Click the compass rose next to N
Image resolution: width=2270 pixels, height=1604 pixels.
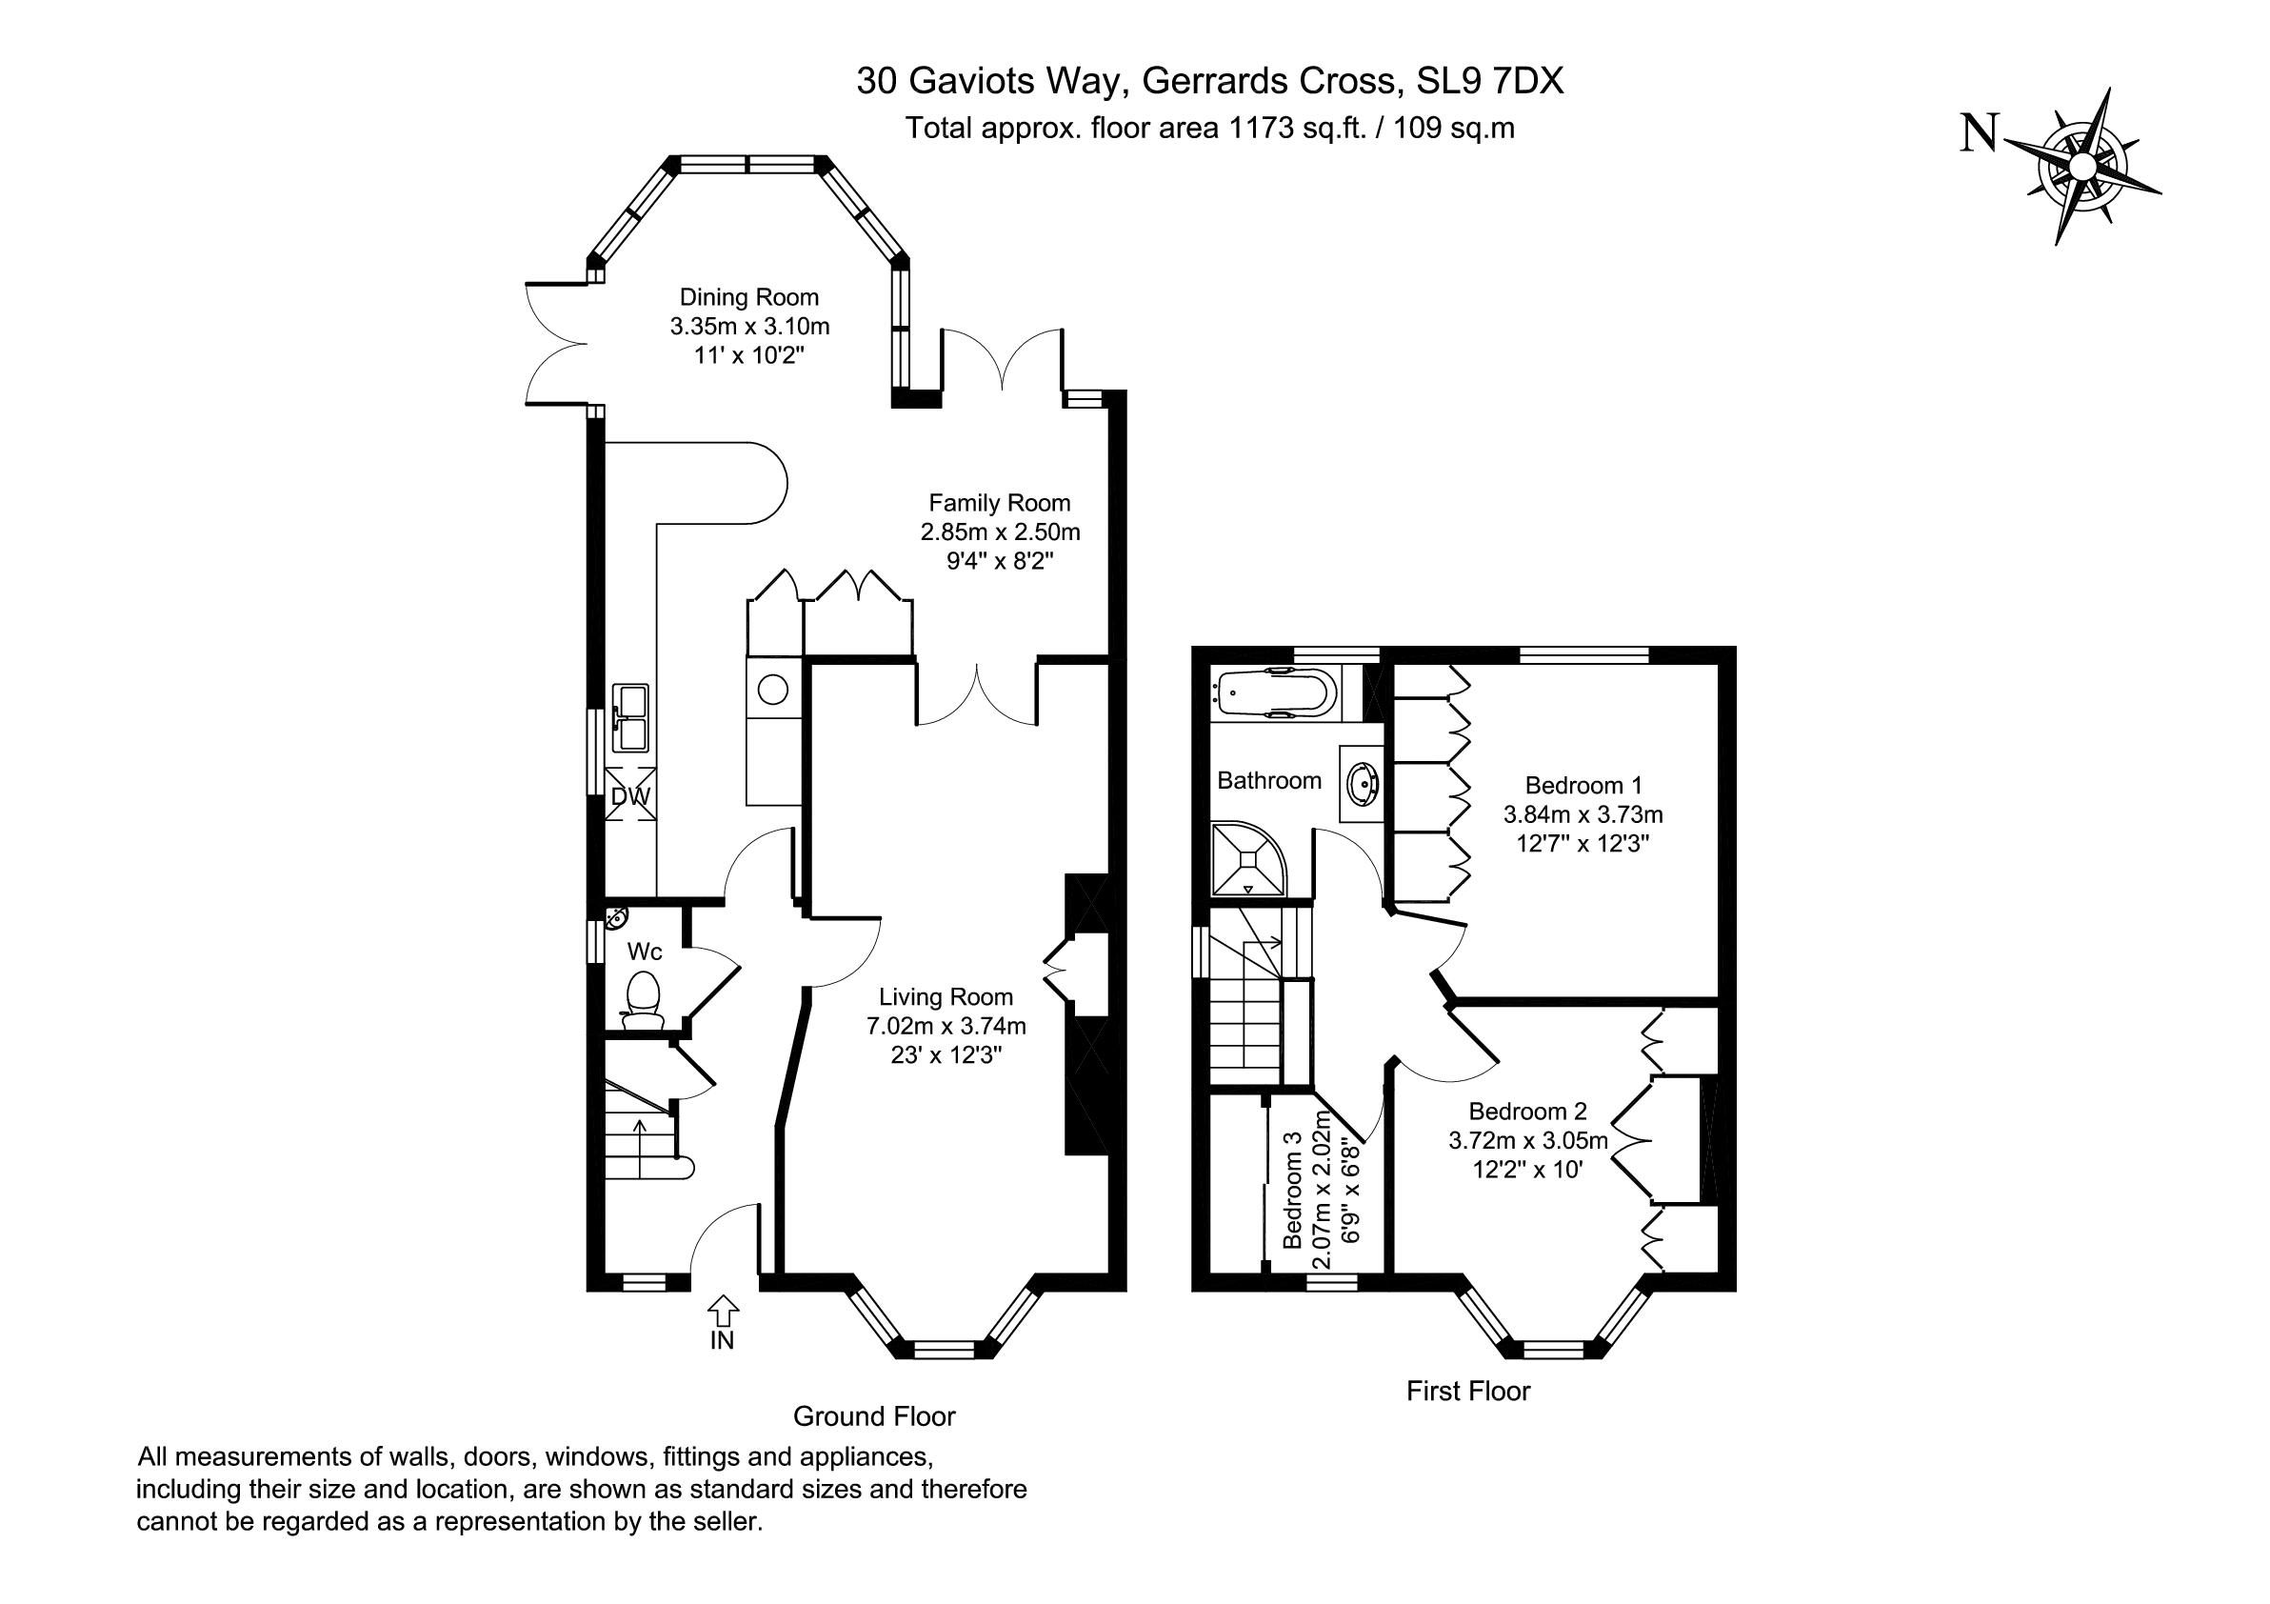pos(2082,166)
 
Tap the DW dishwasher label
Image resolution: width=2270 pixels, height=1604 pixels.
pos(630,796)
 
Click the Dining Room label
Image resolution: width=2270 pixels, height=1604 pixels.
pos(749,296)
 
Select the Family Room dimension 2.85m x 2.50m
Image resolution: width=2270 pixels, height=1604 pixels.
pos(1001,532)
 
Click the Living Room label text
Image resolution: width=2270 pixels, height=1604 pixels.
pos(946,997)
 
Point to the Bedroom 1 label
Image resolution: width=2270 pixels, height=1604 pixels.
pos(1583,785)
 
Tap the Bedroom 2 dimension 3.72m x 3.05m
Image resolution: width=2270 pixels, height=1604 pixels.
pos(1528,1140)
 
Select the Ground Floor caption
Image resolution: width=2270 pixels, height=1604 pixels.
pos(874,1416)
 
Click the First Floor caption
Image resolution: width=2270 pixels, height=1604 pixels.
pos(1468,1392)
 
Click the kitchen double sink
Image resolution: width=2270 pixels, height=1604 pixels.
pos(629,718)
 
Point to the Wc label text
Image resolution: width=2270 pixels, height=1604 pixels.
pos(645,952)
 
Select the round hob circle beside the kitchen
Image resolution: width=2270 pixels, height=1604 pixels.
pos(773,688)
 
